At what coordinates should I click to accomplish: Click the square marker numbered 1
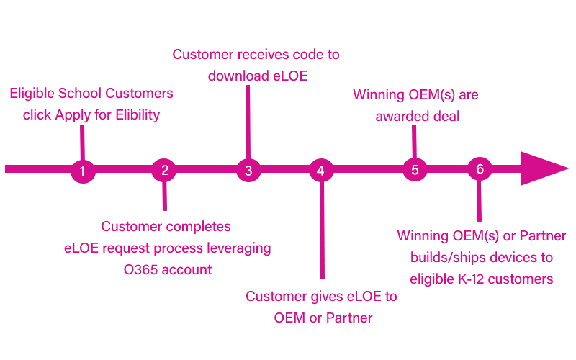[x=83, y=171]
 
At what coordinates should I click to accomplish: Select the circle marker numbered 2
[x=165, y=170]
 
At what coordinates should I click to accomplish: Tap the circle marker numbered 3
[x=248, y=170]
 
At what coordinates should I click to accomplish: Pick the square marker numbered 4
[x=320, y=171]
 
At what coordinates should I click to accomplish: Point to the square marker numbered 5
[x=415, y=170]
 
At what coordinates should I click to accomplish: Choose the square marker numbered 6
[x=480, y=169]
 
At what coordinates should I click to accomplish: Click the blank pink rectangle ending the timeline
[x=545, y=168]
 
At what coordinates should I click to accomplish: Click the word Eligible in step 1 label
[x=32, y=94]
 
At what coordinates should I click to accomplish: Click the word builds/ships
[x=446, y=257]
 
